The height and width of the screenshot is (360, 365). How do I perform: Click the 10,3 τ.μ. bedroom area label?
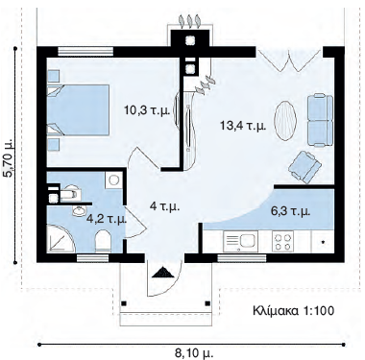click(146, 110)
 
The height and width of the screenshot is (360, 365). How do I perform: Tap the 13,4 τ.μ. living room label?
click(243, 126)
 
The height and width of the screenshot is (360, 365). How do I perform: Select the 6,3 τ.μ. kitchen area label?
click(291, 211)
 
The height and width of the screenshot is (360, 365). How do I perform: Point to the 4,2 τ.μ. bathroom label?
click(108, 220)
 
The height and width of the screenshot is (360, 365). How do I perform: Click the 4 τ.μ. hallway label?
click(164, 206)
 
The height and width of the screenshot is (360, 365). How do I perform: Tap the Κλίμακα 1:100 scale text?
click(294, 310)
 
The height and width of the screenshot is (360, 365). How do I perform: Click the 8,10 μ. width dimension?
click(194, 353)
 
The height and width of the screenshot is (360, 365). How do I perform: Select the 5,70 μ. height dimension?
click(7, 157)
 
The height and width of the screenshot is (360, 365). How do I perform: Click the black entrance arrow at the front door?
click(163, 273)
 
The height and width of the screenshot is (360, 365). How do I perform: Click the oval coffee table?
click(284, 121)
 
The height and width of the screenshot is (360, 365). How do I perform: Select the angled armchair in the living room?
click(304, 167)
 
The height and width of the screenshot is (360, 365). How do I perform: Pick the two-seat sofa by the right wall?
click(320, 120)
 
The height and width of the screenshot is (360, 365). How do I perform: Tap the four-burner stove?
click(282, 242)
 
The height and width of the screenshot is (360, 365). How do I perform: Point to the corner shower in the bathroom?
click(61, 238)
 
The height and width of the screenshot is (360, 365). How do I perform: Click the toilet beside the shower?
click(103, 241)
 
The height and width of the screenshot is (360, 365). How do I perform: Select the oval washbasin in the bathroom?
click(79, 211)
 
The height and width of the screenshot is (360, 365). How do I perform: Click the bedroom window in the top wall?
click(85, 51)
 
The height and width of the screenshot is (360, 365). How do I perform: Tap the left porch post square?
click(124, 303)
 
